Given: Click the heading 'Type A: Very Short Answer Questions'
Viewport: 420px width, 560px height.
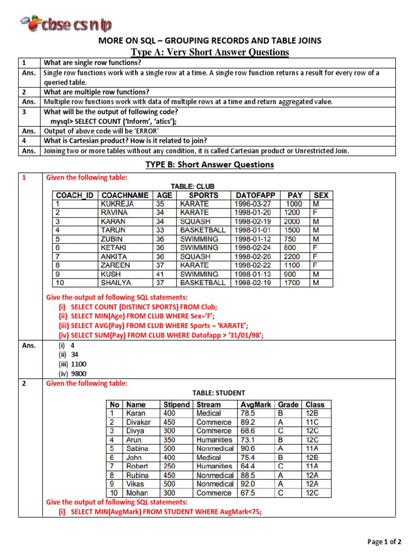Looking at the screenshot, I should click(x=210, y=52).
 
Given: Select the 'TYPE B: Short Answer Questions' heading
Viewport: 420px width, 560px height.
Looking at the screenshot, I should click(x=209, y=165).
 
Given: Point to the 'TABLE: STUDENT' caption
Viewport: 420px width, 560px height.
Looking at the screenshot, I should click(x=218, y=393).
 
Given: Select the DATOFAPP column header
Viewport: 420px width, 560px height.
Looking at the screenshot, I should click(x=255, y=195).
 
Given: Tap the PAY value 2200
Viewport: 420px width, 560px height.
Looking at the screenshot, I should click(x=293, y=256).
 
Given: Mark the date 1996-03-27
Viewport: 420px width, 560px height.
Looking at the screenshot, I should click(x=253, y=203).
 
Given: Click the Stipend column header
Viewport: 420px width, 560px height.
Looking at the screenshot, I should click(x=177, y=405).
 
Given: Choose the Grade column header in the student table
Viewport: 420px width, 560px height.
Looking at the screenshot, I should click(x=288, y=405).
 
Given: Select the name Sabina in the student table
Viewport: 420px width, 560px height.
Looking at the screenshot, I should click(x=137, y=448).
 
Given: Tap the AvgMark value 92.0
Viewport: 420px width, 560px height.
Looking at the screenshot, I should click(x=248, y=483).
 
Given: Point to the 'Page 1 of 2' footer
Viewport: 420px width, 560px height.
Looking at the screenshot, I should click(x=384, y=542).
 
